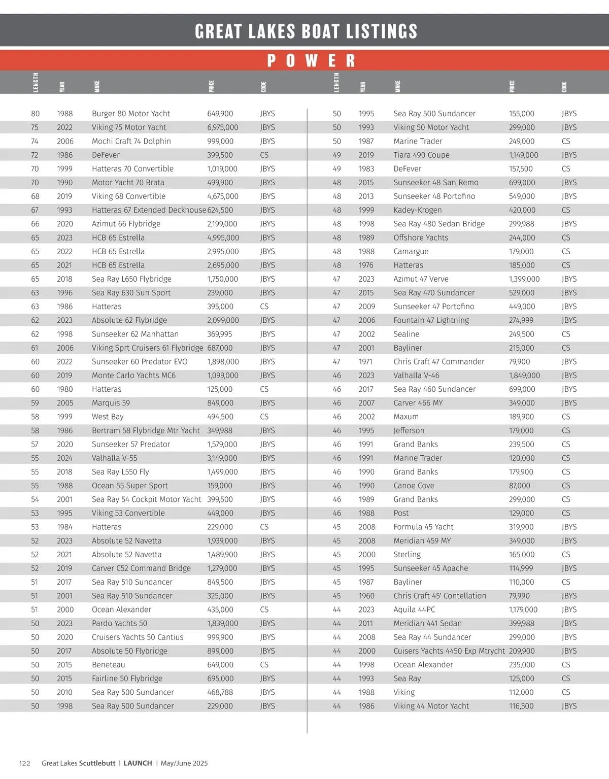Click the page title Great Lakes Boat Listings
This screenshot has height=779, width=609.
click(x=306, y=31)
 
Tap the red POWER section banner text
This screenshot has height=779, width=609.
click(x=311, y=61)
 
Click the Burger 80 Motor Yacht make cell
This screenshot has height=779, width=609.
click(x=130, y=114)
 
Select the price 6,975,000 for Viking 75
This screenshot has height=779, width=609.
click(x=222, y=127)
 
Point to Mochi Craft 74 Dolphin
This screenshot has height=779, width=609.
click(x=131, y=141)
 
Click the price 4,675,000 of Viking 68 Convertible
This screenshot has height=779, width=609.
click(x=222, y=196)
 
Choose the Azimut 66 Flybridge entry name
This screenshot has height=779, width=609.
click(x=126, y=224)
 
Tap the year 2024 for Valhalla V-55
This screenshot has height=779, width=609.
click(x=64, y=458)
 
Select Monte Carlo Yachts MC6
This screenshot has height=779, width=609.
click(x=133, y=376)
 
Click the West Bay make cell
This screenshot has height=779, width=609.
click(x=108, y=417)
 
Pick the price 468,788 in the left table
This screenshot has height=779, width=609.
click(x=220, y=692)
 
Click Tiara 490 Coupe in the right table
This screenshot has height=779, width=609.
click(x=421, y=155)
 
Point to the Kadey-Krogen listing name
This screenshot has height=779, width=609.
click(x=417, y=210)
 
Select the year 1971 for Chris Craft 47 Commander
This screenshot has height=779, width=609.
click(x=365, y=362)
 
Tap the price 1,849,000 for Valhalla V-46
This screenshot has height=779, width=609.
click(x=524, y=376)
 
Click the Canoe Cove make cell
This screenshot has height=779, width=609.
click(x=414, y=486)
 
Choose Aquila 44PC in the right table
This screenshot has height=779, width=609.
click(x=414, y=609)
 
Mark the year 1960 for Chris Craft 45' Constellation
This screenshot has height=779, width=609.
click(x=366, y=596)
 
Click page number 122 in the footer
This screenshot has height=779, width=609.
click(x=24, y=763)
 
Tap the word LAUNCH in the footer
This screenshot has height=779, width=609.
click(x=138, y=763)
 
